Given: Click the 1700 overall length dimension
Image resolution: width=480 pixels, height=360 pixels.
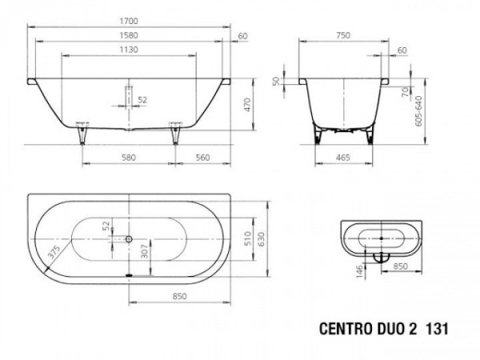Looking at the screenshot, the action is coord(129,21).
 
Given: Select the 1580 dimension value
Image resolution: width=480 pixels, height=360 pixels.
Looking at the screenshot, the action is coord(129,35).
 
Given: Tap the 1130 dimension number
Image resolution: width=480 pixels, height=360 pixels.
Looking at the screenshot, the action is coord(129,50).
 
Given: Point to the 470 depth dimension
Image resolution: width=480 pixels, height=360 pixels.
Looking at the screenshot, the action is coord(247,104).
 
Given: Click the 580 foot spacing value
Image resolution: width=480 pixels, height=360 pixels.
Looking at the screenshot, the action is coord(129,158).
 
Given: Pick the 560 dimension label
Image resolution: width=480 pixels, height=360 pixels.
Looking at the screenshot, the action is coord(202,158).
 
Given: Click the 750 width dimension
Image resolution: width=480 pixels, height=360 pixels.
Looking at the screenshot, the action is coord(343,35).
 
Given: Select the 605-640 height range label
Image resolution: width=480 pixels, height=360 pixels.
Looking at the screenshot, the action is coord(418,111).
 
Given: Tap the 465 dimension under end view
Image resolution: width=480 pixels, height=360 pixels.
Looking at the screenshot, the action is coord(343,158).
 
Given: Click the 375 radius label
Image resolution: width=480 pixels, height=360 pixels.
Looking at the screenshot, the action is coord(54,252).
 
